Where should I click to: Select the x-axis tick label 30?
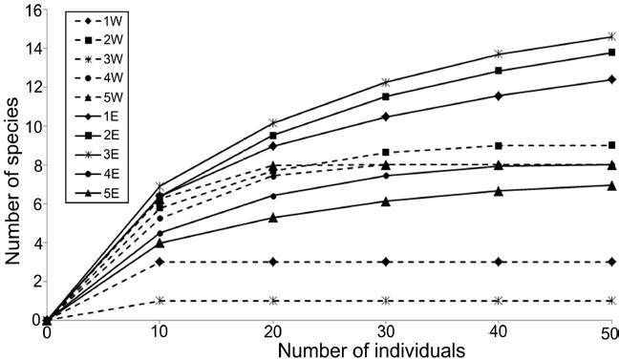[x=385, y=330]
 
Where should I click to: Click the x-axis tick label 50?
[x=610, y=330]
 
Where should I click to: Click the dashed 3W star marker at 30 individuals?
[x=385, y=301]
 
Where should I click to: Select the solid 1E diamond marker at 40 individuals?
[x=498, y=95]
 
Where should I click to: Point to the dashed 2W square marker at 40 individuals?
[x=498, y=145]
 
